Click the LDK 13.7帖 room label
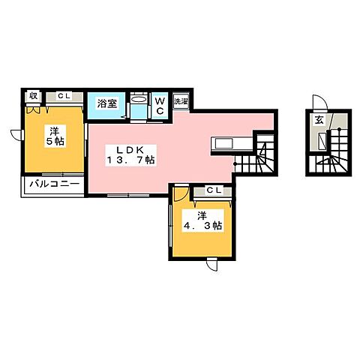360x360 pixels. [x=130, y=155]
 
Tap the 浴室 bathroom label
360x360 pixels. [x=107, y=103]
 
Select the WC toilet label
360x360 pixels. [x=160, y=106]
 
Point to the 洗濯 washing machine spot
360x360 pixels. [x=181, y=101]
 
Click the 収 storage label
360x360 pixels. [x=34, y=96]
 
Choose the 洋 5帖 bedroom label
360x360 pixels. [x=55, y=136]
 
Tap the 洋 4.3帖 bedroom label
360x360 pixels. [x=202, y=221]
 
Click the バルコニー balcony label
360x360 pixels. [x=55, y=184]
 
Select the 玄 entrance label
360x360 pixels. [x=319, y=120]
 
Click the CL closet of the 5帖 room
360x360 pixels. [x=64, y=97]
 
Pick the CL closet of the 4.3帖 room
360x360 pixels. [x=212, y=191]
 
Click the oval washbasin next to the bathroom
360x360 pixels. [x=139, y=99]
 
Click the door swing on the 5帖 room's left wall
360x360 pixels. [x=17, y=135]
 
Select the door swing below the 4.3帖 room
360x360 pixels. [x=212, y=265]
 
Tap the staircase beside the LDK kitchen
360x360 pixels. [x=256, y=157]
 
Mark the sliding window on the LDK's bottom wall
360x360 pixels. [x=128, y=195]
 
